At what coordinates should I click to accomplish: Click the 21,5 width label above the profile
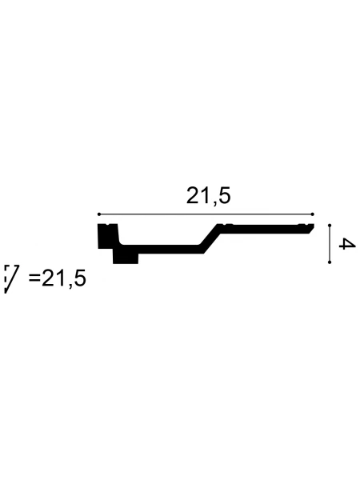click(x=208, y=196)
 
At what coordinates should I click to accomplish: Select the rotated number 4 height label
click(x=347, y=244)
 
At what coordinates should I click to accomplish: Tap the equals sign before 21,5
click(x=34, y=278)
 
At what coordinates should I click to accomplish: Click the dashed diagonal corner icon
click(x=11, y=279)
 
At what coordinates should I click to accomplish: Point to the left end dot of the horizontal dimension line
click(x=99, y=214)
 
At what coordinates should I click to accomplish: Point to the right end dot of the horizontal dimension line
click(x=312, y=214)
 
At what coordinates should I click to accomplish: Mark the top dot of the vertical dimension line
click(x=330, y=226)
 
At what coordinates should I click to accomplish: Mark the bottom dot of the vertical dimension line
click(x=330, y=262)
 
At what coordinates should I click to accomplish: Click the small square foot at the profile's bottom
click(x=126, y=257)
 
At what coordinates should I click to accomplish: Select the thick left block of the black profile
click(x=107, y=236)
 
